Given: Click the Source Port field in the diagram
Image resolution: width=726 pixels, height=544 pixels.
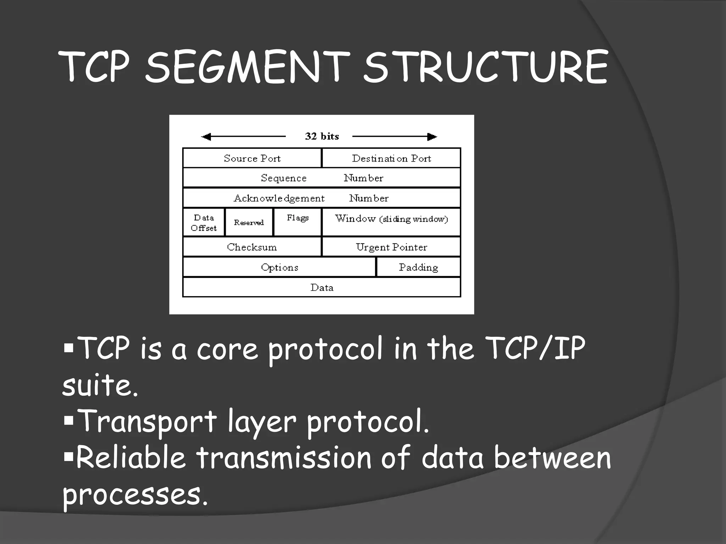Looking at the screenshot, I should pyautogui.click(x=252, y=158).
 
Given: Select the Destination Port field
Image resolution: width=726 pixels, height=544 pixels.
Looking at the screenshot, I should pyautogui.click(x=391, y=158).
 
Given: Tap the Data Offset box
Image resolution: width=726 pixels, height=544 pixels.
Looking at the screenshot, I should pyautogui.click(x=204, y=222).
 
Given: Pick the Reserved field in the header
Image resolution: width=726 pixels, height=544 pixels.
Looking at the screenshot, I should pyautogui.click(x=249, y=222).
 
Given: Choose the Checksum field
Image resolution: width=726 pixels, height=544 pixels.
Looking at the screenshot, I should pyautogui.click(x=252, y=247).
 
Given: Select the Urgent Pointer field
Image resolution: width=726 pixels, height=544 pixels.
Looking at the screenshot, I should pyautogui.click(x=391, y=247).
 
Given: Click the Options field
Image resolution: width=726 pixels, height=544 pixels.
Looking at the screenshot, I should pyautogui.click(x=279, y=267).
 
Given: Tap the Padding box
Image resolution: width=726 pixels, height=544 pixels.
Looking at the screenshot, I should pyautogui.click(x=418, y=267).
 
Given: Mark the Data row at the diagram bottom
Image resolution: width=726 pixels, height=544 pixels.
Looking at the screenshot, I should pyautogui.click(x=322, y=287).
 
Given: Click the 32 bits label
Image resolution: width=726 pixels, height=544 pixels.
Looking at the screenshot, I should pyautogui.click(x=322, y=136).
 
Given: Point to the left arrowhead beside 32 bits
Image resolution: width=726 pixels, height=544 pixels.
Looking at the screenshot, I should pyautogui.click(x=206, y=137).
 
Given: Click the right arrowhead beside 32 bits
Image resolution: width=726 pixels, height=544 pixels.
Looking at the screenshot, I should pyautogui.click(x=432, y=137).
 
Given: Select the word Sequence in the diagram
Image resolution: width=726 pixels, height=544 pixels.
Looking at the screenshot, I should pyautogui.click(x=284, y=178).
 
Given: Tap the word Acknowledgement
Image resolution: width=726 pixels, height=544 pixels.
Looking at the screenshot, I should pyautogui.click(x=279, y=198).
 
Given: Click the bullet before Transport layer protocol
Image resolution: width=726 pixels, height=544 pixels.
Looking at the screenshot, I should pyautogui.click(x=69, y=421).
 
